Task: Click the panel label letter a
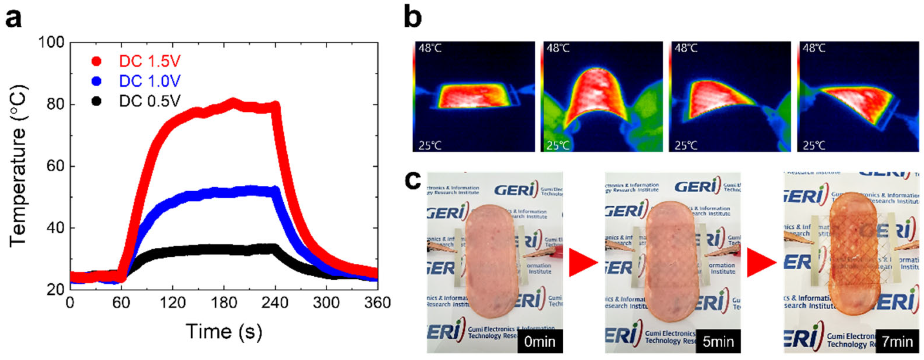(x=13, y=19)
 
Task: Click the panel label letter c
(x=413, y=180)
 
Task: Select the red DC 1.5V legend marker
(x=97, y=62)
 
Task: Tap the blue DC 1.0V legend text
(x=149, y=81)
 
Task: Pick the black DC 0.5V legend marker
(x=97, y=101)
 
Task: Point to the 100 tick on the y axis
(x=52, y=43)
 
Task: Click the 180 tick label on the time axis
(x=224, y=303)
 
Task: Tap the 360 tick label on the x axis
(x=377, y=303)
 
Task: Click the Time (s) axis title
(x=223, y=332)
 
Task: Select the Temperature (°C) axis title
(x=18, y=166)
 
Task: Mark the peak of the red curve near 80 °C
(x=234, y=101)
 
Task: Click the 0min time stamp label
(x=540, y=342)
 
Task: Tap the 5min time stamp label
(x=718, y=342)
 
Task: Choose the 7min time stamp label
(x=897, y=342)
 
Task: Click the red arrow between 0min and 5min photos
(x=582, y=263)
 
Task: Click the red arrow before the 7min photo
(x=761, y=263)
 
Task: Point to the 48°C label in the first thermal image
(x=430, y=48)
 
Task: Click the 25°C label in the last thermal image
(x=814, y=145)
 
